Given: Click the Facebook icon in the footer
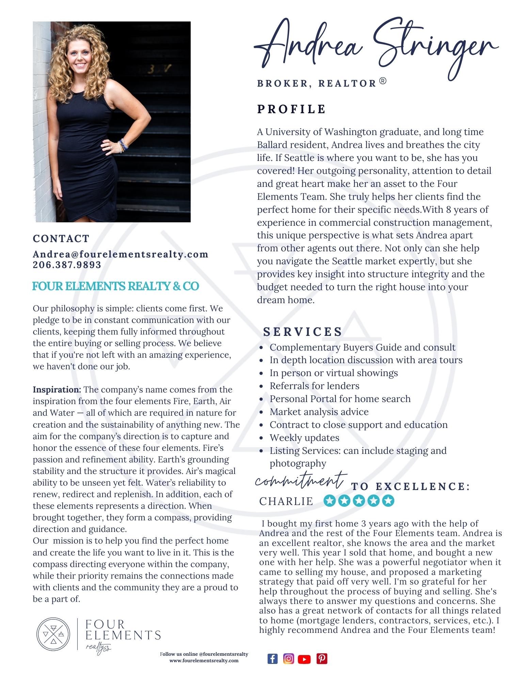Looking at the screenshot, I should (x=272, y=658).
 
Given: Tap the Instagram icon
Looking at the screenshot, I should (x=288, y=658).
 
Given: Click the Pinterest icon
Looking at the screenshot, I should (x=322, y=658).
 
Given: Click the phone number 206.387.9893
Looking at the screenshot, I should (x=67, y=265).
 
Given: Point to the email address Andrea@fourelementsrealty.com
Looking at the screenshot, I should (x=121, y=254).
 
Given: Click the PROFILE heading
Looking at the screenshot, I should (x=291, y=109).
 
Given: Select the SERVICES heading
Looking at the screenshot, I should (x=303, y=332).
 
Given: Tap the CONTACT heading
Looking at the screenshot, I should (x=61, y=238).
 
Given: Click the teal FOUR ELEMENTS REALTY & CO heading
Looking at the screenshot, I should (x=115, y=286).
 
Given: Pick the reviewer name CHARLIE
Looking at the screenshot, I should (x=286, y=501).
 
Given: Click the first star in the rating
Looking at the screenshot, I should (x=329, y=501).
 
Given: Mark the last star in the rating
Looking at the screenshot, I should (x=388, y=501).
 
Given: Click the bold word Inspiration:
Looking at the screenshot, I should (x=57, y=389).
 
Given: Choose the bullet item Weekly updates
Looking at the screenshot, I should (x=304, y=438).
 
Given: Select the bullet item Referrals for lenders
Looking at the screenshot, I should (x=314, y=386).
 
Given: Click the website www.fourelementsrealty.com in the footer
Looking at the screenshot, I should (x=204, y=661).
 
